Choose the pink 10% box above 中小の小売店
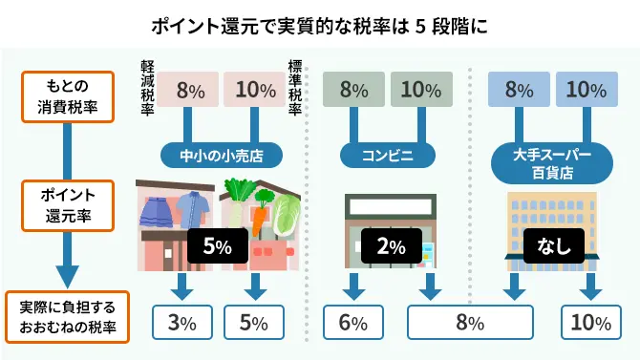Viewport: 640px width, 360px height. pyautogui.click(x=254, y=91)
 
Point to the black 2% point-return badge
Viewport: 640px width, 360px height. pyautogui.click(x=387, y=245)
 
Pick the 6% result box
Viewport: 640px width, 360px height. pyautogui.click(x=352, y=323)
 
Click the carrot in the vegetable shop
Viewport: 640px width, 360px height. pyautogui.click(x=258, y=222)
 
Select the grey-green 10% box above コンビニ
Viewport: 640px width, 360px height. pyautogui.click(x=421, y=91)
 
